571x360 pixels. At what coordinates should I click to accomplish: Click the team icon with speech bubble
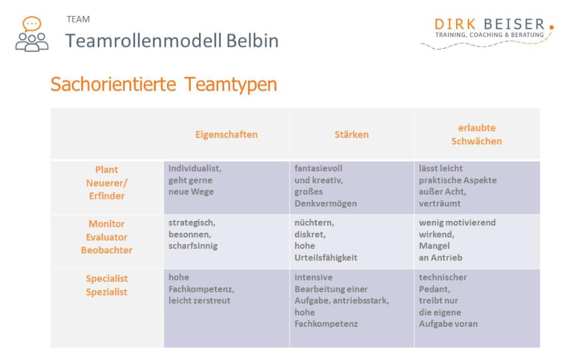[x=31, y=34]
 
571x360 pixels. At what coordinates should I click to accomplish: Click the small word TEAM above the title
[x=78, y=19]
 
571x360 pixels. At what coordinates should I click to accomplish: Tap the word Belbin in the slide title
[x=252, y=40]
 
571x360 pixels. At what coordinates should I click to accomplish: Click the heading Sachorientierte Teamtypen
[x=163, y=84]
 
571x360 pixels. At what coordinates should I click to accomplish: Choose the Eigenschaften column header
[x=226, y=134]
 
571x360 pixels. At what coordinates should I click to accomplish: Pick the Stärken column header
[x=351, y=134]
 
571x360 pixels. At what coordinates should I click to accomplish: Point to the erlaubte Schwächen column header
[x=476, y=134]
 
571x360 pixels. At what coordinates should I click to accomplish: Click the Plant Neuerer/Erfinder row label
[x=107, y=183]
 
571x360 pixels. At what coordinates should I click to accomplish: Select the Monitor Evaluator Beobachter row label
[x=107, y=237]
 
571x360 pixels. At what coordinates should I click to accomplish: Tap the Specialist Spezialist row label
[x=107, y=285]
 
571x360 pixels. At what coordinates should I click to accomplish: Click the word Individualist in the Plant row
[x=194, y=168]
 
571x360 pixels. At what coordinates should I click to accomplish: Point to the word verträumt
[x=440, y=204]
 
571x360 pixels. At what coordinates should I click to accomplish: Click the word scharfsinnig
[x=193, y=246]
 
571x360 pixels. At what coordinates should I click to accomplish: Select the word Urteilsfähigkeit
[x=326, y=258]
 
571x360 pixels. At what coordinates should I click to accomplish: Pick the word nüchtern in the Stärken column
[x=314, y=223]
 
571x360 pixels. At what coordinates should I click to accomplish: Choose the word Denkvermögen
[x=326, y=204]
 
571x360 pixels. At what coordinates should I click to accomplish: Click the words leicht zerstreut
[x=200, y=301]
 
